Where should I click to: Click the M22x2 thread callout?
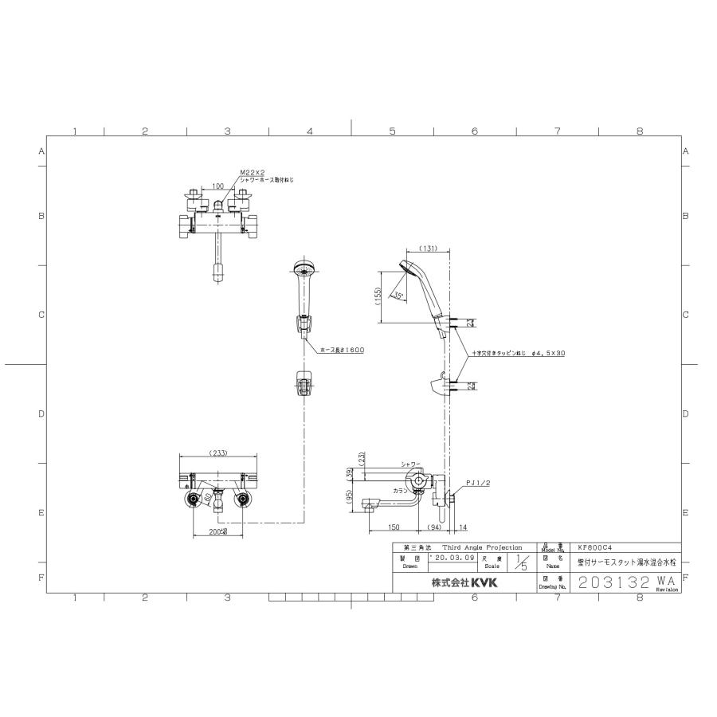(251, 172)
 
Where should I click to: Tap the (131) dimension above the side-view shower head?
(427, 249)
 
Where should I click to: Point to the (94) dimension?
(435, 527)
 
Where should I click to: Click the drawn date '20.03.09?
(452, 558)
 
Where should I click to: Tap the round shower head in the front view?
(303, 268)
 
